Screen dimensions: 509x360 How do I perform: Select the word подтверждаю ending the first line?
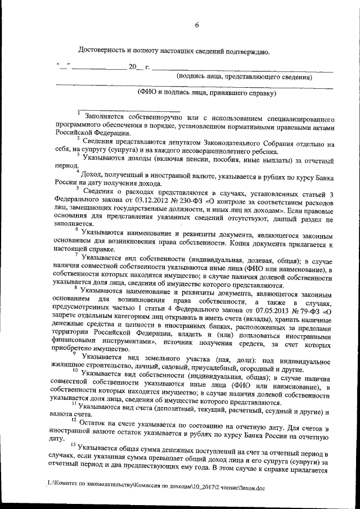point(247,52)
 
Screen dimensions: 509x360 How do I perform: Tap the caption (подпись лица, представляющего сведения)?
point(244,76)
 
